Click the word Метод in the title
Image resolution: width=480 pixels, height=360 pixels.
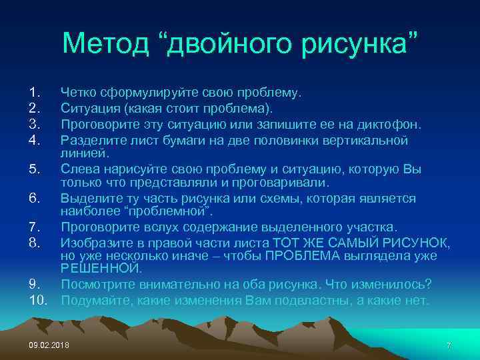coord(111,43)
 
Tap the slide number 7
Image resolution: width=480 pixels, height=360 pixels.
coord(449,345)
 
